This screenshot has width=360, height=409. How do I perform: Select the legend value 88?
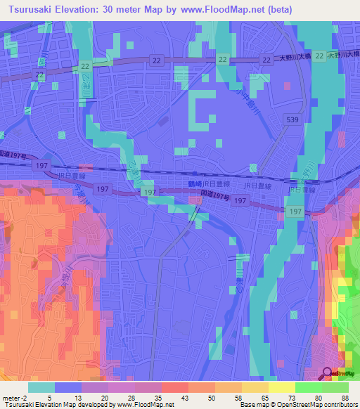pos(345,397)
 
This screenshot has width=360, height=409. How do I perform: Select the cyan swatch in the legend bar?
pos(41,387)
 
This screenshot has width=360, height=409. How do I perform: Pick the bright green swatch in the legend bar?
pos(309,387)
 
